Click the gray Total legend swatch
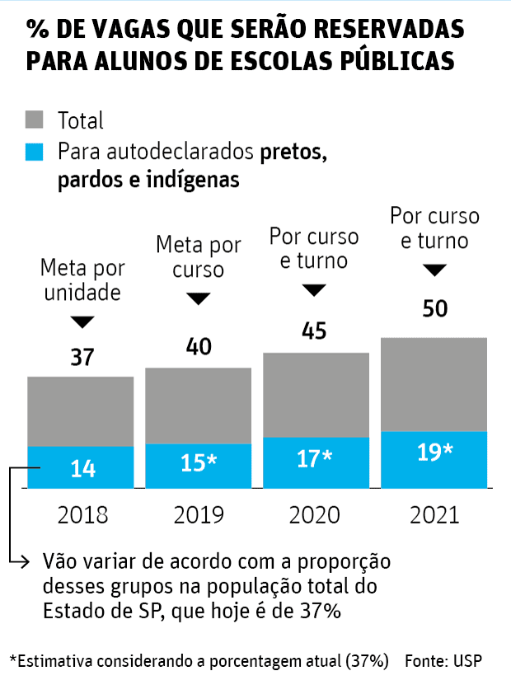point(36,120)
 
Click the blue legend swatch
point(36,153)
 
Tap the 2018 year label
point(82,515)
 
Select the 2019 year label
point(199,515)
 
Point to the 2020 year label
point(315,515)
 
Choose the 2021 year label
point(434,515)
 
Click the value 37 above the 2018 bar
point(82,358)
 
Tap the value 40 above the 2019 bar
point(198,346)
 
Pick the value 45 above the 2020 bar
point(314,331)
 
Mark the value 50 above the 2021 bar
point(434,309)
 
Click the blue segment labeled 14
point(81,467)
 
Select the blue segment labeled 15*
point(199,465)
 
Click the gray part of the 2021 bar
point(434,384)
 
